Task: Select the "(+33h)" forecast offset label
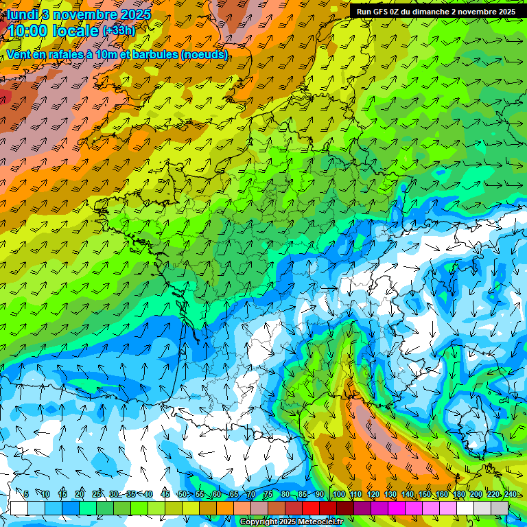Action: point(119,31)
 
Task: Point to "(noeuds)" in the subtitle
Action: point(204,54)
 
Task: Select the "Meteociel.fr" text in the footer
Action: point(321,522)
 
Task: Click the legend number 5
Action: point(26,494)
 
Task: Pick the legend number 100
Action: point(338,494)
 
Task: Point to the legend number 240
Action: point(511,494)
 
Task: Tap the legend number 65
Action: point(234,494)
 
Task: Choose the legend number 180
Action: point(459,494)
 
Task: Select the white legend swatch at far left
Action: point(19,508)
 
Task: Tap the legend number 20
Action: point(80,494)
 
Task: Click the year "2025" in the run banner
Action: point(506,12)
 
